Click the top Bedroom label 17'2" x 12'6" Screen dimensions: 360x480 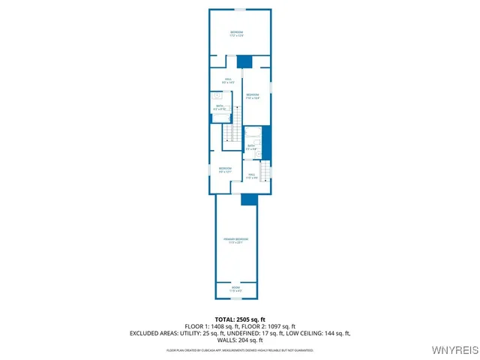point(237,33)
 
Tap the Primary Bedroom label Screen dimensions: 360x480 point(235,241)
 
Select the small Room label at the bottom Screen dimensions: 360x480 point(235,289)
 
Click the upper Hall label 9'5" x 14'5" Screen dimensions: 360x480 point(228,81)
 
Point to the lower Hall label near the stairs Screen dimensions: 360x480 point(252,175)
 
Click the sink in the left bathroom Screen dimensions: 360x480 point(217,96)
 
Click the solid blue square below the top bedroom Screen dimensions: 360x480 point(244,61)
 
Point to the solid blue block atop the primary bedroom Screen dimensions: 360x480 point(249,199)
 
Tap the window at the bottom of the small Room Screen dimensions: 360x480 point(235,298)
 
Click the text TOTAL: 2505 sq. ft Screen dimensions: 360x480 point(240,319)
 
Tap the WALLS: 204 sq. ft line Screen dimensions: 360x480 point(240,340)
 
